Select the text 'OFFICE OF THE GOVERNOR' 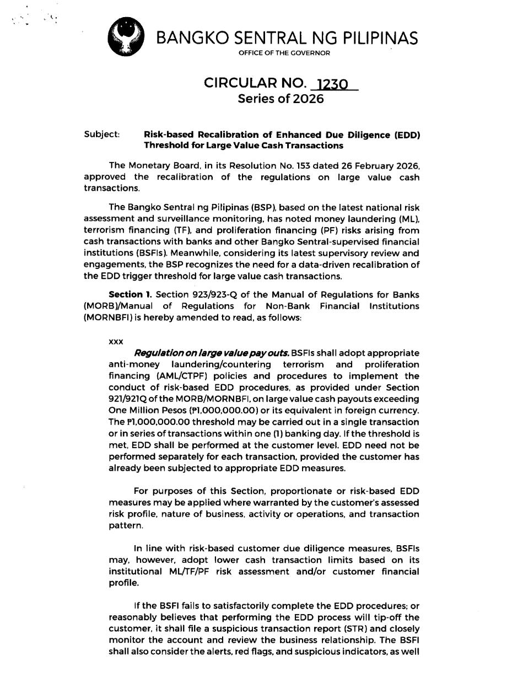pyautogui.click(x=284, y=53)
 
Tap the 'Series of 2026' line pyautogui.click(x=281, y=99)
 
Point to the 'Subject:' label pyautogui.click(x=102, y=134)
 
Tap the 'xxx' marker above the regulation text pyautogui.click(x=116, y=341)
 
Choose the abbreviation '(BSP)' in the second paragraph pyautogui.click(x=229, y=207)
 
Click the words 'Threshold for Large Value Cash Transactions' pyautogui.click(x=243, y=146)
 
